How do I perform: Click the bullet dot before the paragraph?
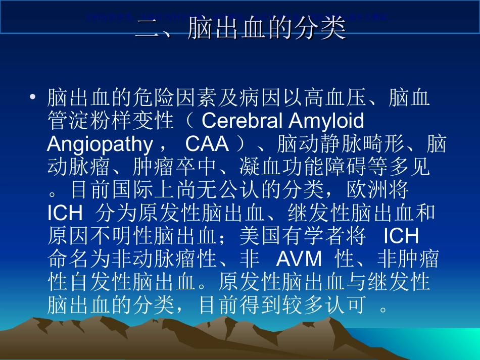[33, 96]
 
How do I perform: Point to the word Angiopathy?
[100, 145]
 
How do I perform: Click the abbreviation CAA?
[207, 145]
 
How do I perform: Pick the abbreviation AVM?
[299, 259]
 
